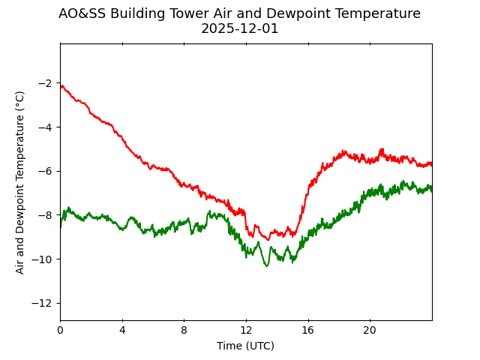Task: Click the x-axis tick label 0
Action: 60,331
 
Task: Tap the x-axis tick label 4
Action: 122,331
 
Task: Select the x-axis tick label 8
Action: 184,331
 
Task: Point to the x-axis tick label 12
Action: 246,331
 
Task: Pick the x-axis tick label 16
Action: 308,331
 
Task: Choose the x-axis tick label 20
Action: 370,331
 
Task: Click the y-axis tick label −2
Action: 44,82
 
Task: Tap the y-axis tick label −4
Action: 44,127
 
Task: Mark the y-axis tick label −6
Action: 44,171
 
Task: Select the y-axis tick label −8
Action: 44,215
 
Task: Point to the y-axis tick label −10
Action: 41,259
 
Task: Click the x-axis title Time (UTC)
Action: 246,346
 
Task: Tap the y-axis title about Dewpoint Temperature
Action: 20,182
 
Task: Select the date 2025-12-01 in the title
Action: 240,28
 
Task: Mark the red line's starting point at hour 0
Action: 61,86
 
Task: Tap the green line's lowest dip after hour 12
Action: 266,265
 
